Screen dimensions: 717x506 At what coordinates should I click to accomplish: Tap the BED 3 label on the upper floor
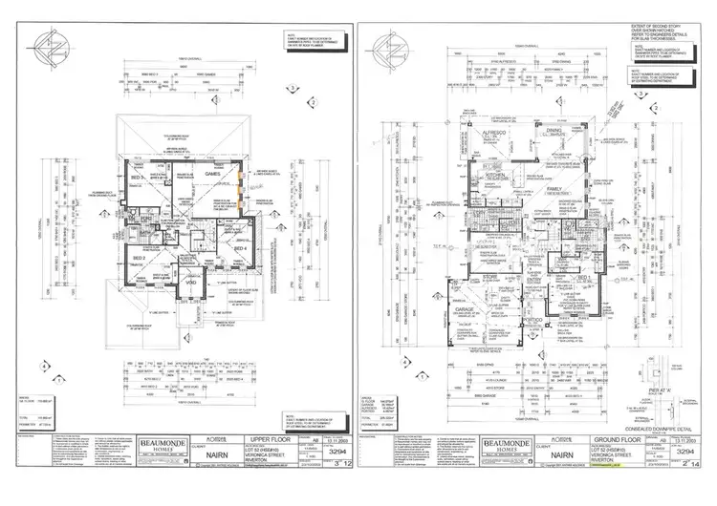pyautogui.click(x=138, y=179)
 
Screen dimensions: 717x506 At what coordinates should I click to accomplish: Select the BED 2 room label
pyautogui.click(x=138, y=258)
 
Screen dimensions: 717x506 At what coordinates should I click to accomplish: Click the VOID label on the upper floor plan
pyautogui.click(x=189, y=283)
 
